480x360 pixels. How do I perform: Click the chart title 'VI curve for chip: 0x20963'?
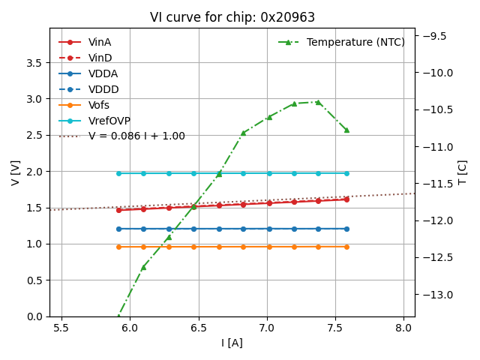pos(232,17)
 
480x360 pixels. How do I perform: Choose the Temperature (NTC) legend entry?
pos(355,42)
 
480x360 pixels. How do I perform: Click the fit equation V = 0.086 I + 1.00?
pos(136,136)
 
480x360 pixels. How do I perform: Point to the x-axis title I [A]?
pos(232,343)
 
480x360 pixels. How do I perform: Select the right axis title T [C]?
pos(462,172)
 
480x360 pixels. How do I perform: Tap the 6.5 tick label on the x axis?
pos(199,328)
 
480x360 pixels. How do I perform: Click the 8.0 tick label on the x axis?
pos(404,328)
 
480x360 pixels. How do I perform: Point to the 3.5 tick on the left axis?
pos(33,63)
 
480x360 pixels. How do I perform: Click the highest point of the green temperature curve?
pos(318,102)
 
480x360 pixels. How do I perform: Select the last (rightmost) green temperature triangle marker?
pos(346,130)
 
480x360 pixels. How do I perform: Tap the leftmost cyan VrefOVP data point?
pos(118,173)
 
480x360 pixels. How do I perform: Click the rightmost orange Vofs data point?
pos(346,247)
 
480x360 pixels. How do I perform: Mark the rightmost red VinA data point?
pos(346,199)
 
